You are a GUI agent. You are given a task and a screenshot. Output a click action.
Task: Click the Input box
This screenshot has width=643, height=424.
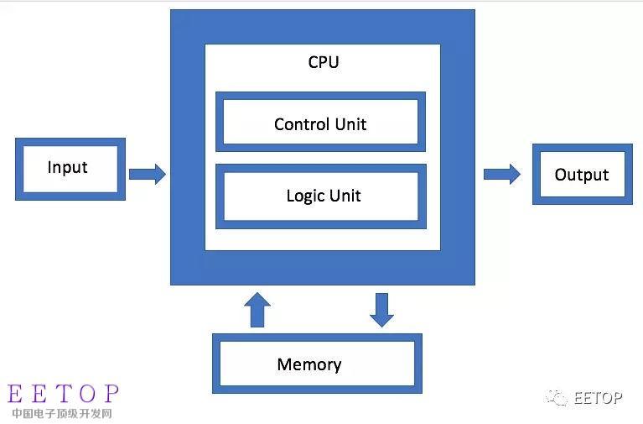70,169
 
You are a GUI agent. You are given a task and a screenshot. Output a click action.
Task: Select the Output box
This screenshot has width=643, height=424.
582,175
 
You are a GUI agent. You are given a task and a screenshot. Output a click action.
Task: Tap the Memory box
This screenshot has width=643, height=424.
317,364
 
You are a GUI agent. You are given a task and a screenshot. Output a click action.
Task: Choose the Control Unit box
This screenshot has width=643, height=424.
320,123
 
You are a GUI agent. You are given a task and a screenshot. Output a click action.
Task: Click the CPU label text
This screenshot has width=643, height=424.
324,62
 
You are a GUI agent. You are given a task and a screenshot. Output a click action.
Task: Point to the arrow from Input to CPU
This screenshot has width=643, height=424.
148,175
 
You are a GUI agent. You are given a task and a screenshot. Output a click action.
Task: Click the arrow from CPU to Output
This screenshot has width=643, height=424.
502,175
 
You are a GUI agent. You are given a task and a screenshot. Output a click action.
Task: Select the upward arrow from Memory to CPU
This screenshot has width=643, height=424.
257,310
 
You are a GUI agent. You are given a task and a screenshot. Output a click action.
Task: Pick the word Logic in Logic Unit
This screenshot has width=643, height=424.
305,196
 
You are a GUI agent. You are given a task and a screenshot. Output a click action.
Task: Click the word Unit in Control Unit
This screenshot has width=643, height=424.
350,124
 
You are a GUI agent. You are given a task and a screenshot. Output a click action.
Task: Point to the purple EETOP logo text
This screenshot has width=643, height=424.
64,393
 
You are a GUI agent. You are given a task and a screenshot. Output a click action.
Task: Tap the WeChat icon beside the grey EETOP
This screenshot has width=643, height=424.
557,397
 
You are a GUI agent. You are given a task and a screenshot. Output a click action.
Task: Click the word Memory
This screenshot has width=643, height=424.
309,365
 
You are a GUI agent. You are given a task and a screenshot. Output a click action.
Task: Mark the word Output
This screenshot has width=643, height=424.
582,175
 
